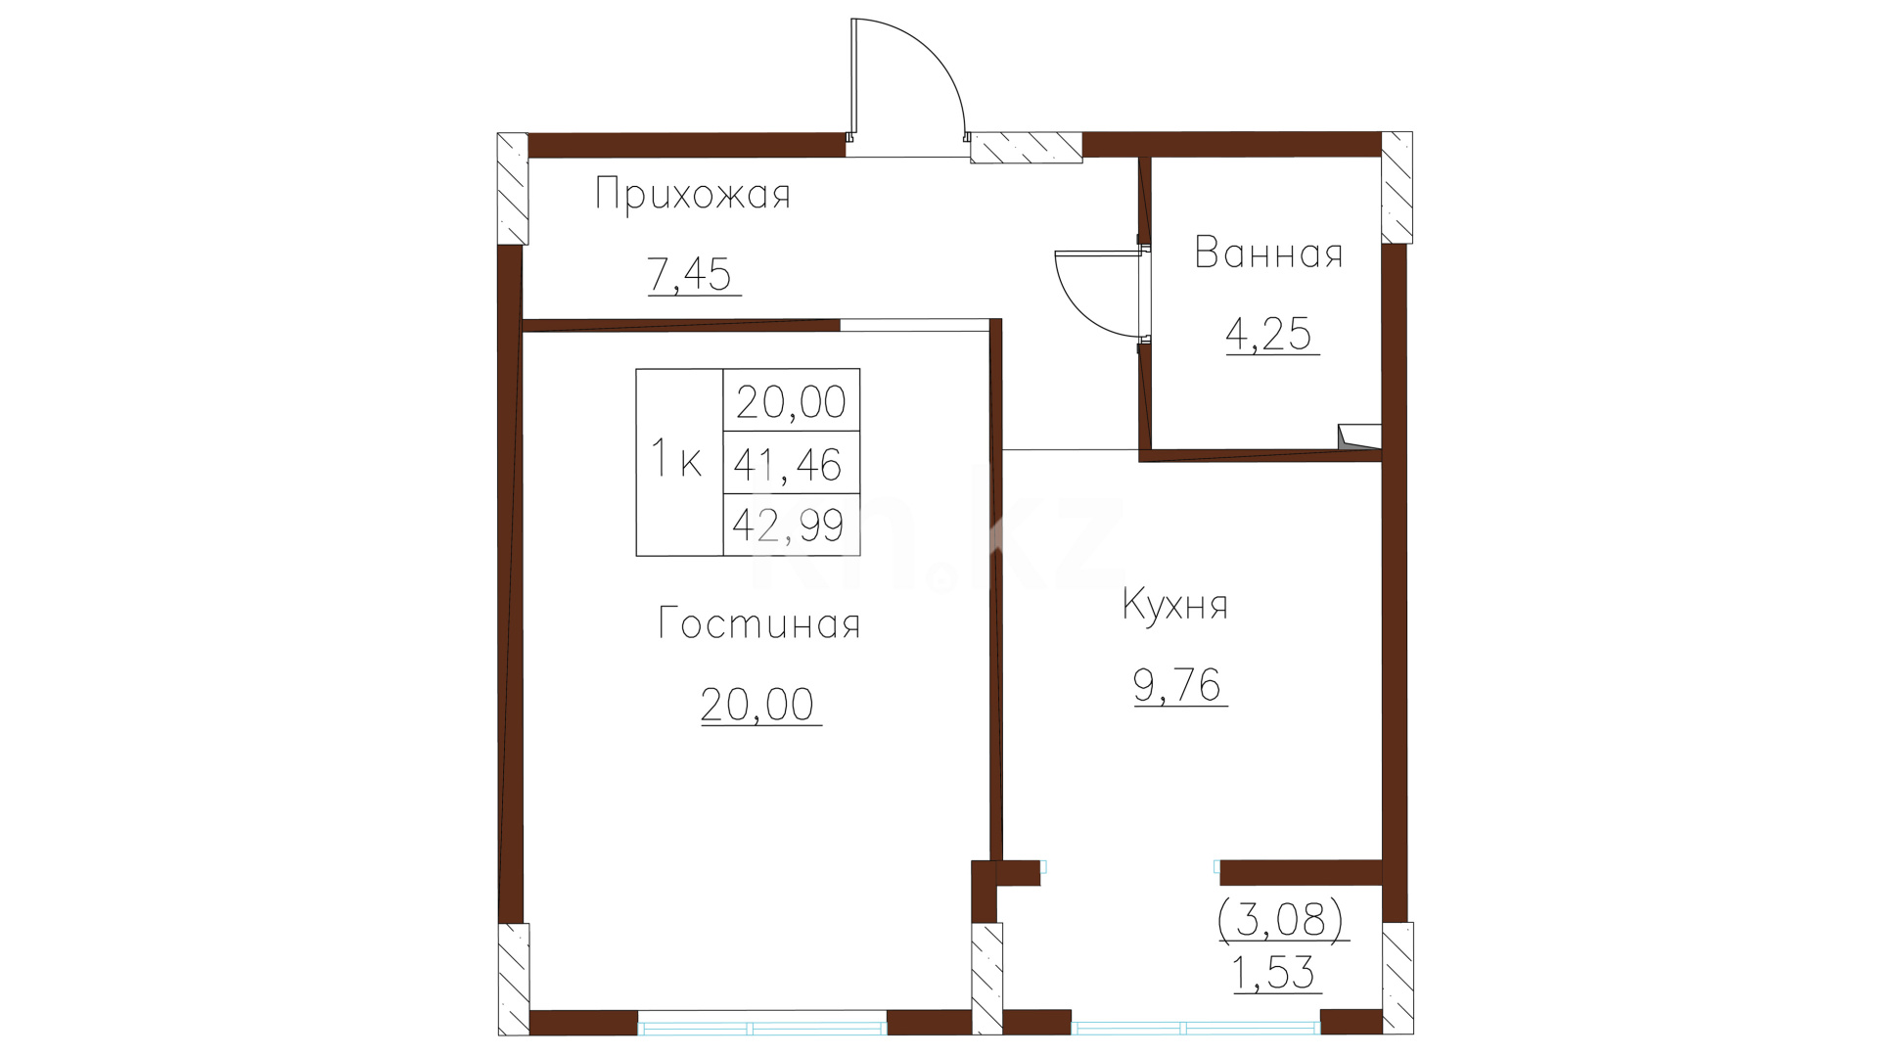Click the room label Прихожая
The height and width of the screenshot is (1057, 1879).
692,194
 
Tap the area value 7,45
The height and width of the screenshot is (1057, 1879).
690,274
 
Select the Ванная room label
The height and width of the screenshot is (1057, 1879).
1268,253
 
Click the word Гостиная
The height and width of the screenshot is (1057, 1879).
758,623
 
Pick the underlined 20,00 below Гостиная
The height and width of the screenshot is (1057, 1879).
757,705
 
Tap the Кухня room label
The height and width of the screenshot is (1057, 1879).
1174,604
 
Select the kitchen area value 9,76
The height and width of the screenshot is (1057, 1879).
1177,685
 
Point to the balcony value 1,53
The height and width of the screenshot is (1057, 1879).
1273,973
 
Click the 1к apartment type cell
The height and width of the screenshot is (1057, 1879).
679,462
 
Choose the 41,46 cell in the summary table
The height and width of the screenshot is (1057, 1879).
792,462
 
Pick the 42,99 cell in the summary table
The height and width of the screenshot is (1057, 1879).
792,525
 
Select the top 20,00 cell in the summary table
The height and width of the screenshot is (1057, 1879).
792,400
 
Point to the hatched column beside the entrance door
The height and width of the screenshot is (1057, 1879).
1027,147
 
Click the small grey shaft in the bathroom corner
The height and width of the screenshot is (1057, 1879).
1359,437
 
